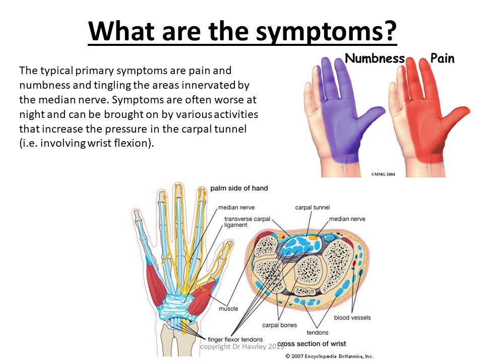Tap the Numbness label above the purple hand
(x=375, y=58)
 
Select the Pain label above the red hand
(x=442, y=58)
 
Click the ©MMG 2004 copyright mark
(x=383, y=174)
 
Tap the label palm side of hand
(x=239, y=188)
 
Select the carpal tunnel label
(x=313, y=207)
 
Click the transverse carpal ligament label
(x=247, y=222)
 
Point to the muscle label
(x=228, y=309)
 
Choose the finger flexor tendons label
(x=235, y=339)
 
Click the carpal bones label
(x=279, y=325)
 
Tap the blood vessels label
(x=352, y=317)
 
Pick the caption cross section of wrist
(x=312, y=343)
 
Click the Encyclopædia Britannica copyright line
(x=329, y=356)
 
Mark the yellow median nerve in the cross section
(x=313, y=237)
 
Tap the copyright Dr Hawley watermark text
(x=242, y=346)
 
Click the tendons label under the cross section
(x=317, y=332)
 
